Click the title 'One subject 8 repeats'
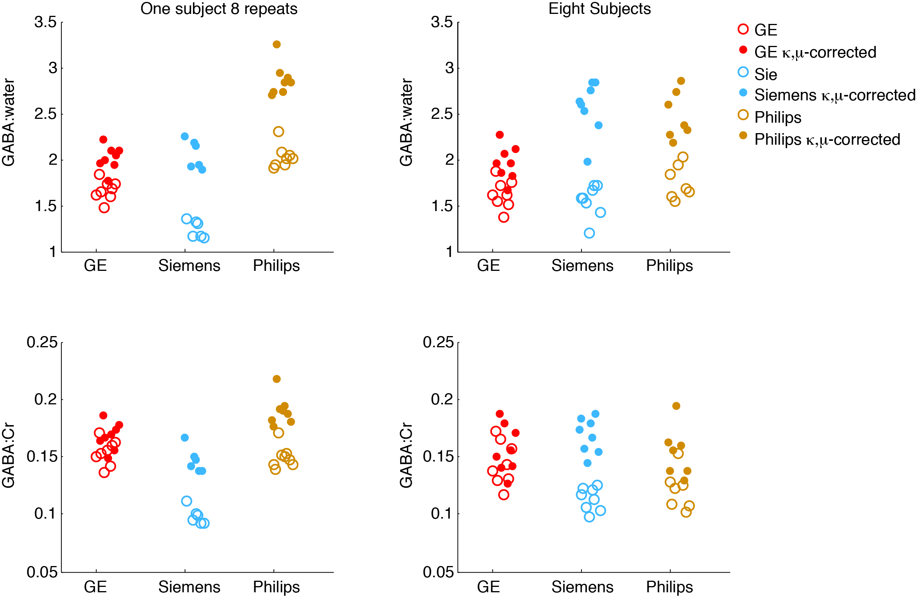pos(219,9)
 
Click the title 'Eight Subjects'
pos(599,9)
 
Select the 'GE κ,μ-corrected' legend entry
pos(815,52)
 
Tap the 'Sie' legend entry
pos(766,74)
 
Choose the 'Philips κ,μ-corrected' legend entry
pos(827,139)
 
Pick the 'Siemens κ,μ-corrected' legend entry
pos(834,95)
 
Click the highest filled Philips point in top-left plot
pos(277,44)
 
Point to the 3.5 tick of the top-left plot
pos(46,22)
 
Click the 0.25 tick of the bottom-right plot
pos(438,342)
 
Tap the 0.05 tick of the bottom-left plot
pos(42,572)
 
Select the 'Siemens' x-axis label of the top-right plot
pos(582,266)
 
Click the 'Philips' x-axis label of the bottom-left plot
pos(276,587)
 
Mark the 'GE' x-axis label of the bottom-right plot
pos(488,587)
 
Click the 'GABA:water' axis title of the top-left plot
pos(8,123)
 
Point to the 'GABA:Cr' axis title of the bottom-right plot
pos(406,455)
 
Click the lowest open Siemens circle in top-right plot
pos(589,233)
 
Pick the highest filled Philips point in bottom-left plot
pos(277,379)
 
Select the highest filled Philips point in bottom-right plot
pos(676,406)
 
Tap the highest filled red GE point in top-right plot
pos(500,135)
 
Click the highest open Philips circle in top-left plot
pos(279,132)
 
